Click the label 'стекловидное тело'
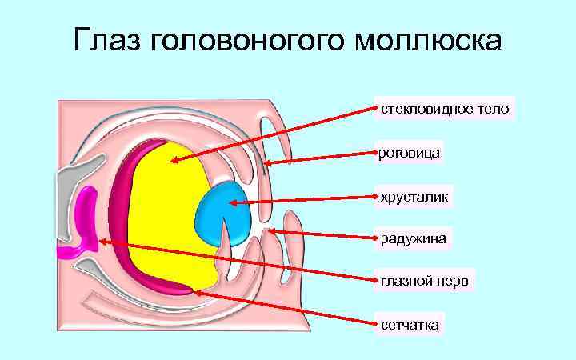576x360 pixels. [x=444, y=108]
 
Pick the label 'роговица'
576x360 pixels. [x=410, y=151]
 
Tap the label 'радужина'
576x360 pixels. [x=414, y=238]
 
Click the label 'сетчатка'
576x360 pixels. [x=410, y=325]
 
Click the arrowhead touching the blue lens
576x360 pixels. [x=232, y=202]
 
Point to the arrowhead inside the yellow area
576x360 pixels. [x=173, y=162]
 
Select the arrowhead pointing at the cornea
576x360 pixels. [x=268, y=164]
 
